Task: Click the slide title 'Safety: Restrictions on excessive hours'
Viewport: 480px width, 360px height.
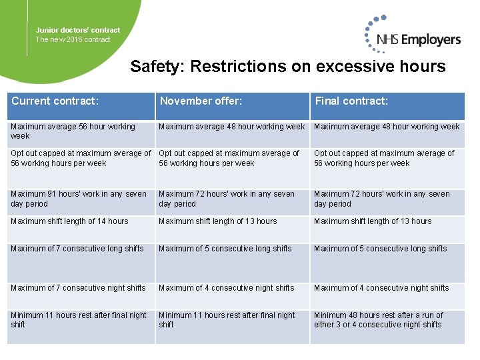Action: pos(288,67)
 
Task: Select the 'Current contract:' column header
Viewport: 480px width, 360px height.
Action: pos(55,101)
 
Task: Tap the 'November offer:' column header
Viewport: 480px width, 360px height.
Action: pos(201,101)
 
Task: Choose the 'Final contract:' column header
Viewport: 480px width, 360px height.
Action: pos(351,101)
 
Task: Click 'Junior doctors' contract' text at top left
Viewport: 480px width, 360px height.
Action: pos(78,30)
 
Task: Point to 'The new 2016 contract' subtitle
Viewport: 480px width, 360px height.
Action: pos(73,39)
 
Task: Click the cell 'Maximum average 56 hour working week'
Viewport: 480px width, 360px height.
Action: pos(73,131)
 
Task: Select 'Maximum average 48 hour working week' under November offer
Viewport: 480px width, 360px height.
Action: pos(232,127)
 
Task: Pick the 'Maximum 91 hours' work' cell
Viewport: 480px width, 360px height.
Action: pos(79,199)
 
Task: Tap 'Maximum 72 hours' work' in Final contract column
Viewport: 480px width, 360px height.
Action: pos(382,199)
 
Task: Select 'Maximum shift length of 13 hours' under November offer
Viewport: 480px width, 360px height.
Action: pos(218,221)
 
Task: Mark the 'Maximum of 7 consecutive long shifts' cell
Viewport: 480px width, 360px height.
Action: pos(77,249)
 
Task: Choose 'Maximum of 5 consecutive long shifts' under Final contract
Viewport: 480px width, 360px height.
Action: pos(381,249)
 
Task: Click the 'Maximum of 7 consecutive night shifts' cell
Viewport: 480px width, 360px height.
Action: pos(78,288)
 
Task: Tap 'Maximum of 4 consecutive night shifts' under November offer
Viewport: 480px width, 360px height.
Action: pos(227,288)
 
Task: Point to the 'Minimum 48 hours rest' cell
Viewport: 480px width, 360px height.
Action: pos(378,320)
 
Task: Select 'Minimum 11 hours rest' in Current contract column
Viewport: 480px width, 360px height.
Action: pos(79,320)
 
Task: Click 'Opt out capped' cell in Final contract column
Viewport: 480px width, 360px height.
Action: pos(384,158)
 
